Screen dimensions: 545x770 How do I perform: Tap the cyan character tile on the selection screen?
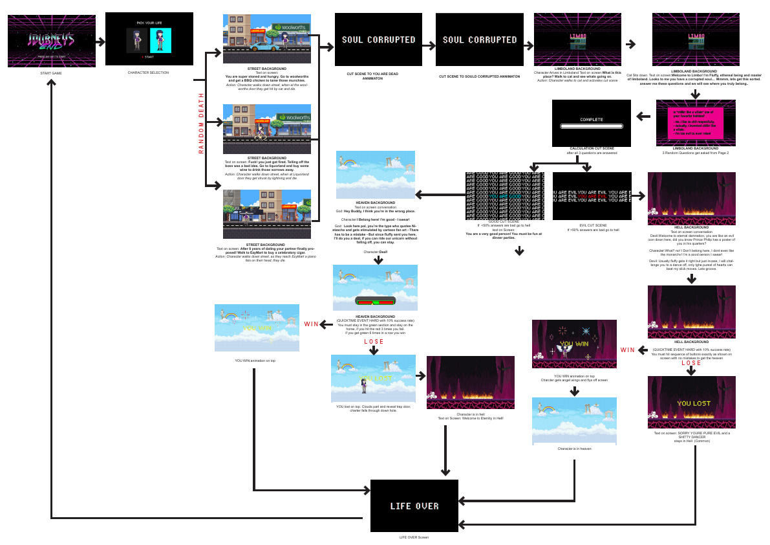click(x=160, y=40)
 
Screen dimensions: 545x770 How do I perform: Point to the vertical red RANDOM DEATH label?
click(x=201, y=123)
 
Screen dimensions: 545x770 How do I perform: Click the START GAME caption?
click(x=51, y=74)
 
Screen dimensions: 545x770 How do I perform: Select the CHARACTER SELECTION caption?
click(x=149, y=72)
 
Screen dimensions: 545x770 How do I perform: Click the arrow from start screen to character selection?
click(x=100, y=42)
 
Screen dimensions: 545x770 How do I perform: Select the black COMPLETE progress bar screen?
click(x=591, y=123)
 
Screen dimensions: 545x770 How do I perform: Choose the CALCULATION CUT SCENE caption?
click(x=591, y=150)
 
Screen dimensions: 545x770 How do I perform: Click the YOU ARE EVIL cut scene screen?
click(x=592, y=195)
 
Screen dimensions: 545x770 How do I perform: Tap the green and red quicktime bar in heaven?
click(x=375, y=301)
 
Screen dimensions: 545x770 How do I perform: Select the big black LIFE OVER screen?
click(x=414, y=506)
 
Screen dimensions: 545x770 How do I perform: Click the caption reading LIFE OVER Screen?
click(x=414, y=537)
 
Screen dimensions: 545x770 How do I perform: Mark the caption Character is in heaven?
click(x=574, y=448)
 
